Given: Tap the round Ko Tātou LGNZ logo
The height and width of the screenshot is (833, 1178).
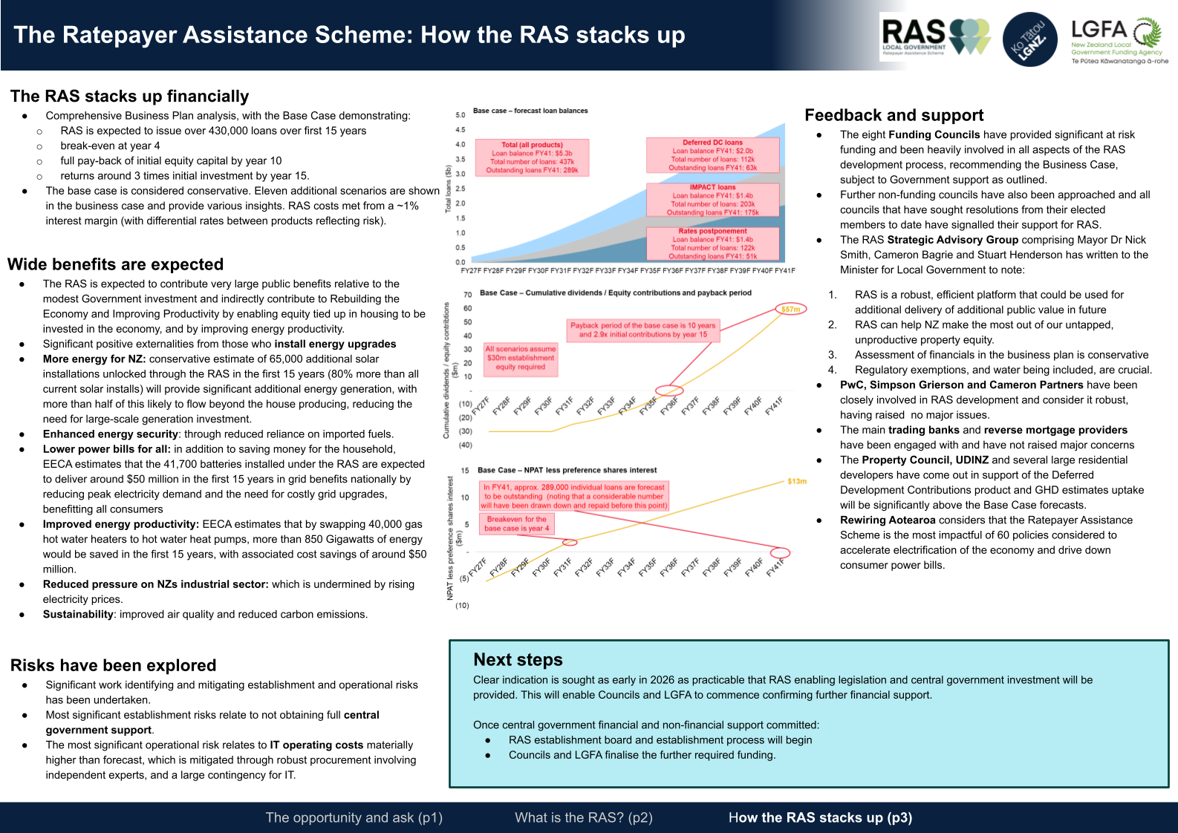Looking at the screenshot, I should click(1030, 39).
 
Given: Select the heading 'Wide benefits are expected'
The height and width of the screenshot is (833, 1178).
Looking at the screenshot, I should click(115, 264).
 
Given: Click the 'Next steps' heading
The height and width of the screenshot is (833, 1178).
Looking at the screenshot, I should click(518, 660).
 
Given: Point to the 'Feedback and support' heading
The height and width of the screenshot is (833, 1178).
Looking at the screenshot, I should click(894, 115).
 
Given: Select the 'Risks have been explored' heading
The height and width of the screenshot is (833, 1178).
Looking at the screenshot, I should click(113, 665).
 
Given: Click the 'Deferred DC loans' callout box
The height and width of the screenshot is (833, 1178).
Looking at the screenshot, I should click(712, 154).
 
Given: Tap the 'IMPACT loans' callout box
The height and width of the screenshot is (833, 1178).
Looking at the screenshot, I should click(712, 200).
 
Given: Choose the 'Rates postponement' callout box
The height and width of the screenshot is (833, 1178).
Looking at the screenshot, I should click(712, 244).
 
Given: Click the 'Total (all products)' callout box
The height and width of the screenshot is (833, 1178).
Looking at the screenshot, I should click(532, 157).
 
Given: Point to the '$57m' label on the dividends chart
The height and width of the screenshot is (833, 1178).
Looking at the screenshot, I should click(790, 309).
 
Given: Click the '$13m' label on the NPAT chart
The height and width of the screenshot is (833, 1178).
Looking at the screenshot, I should click(796, 481).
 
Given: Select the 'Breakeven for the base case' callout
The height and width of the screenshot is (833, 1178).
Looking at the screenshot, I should click(517, 524).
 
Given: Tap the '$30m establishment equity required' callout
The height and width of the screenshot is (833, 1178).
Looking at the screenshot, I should click(520, 358).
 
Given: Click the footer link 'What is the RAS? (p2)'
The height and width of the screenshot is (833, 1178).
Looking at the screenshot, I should click(584, 817).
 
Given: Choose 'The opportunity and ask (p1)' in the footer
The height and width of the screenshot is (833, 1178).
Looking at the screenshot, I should click(354, 817).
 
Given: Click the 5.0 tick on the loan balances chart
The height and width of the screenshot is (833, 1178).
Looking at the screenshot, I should click(461, 115).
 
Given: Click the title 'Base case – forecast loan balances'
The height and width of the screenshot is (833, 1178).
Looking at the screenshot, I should click(530, 111).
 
